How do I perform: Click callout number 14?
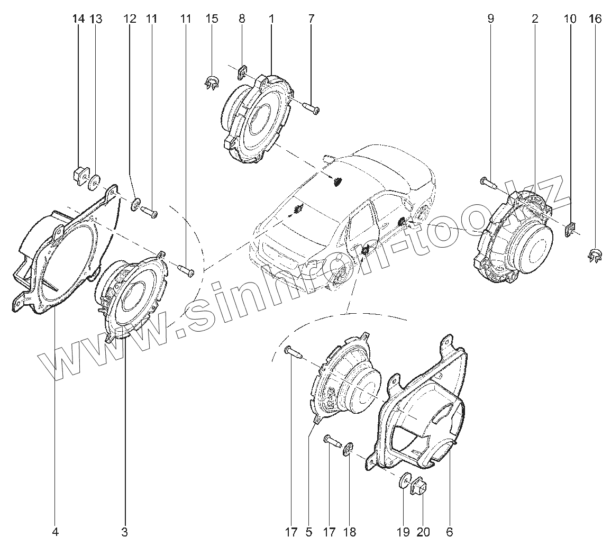point(78,19)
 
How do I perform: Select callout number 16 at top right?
point(595,19)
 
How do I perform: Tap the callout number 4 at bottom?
point(55,532)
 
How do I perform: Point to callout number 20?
point(423,532)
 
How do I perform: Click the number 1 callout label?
point(271,19)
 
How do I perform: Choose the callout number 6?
point(450,532)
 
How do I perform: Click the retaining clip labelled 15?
point(212,83)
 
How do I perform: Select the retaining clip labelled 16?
point(595,256)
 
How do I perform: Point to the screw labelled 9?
point(488,183)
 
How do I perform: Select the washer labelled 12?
point(135,203)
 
